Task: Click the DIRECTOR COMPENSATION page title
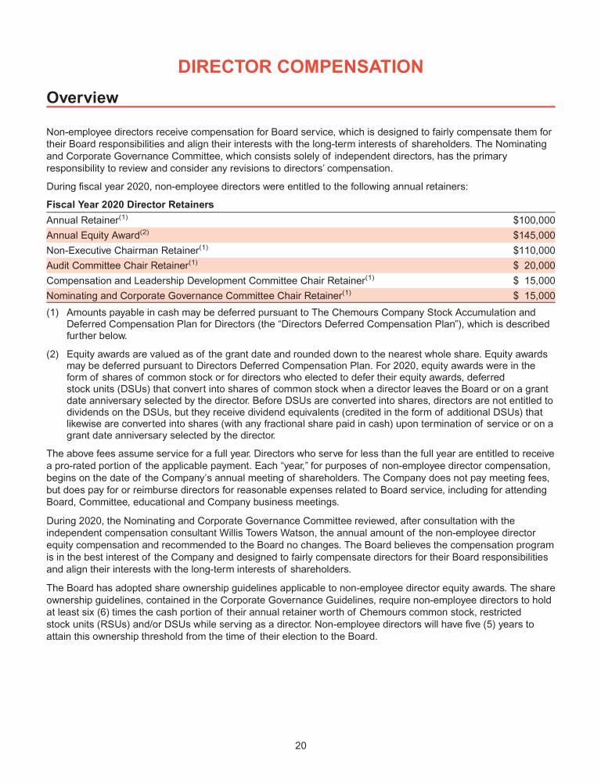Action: (x=300, y=67)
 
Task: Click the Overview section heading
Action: (x=82, y=98)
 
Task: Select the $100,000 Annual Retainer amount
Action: (x=534, y=220)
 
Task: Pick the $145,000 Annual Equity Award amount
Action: (x=534, y=235)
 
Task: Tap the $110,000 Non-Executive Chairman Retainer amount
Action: (x=534, y=251)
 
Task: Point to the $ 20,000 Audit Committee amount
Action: (x=534, y=265)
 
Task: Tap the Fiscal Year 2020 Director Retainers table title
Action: (x=130, y=204)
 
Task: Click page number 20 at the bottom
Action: (x=300, y=745)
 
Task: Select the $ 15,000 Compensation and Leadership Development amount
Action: (x=534, y=280)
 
